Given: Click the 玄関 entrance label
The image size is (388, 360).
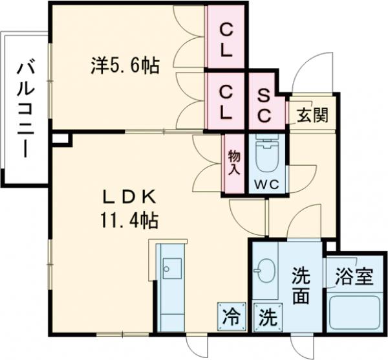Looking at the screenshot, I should coord(312,117).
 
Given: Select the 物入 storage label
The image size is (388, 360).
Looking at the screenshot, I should coord(233,163).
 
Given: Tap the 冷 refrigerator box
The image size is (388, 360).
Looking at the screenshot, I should coord(230,317).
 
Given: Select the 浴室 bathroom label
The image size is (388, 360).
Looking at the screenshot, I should coord(354,276).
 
